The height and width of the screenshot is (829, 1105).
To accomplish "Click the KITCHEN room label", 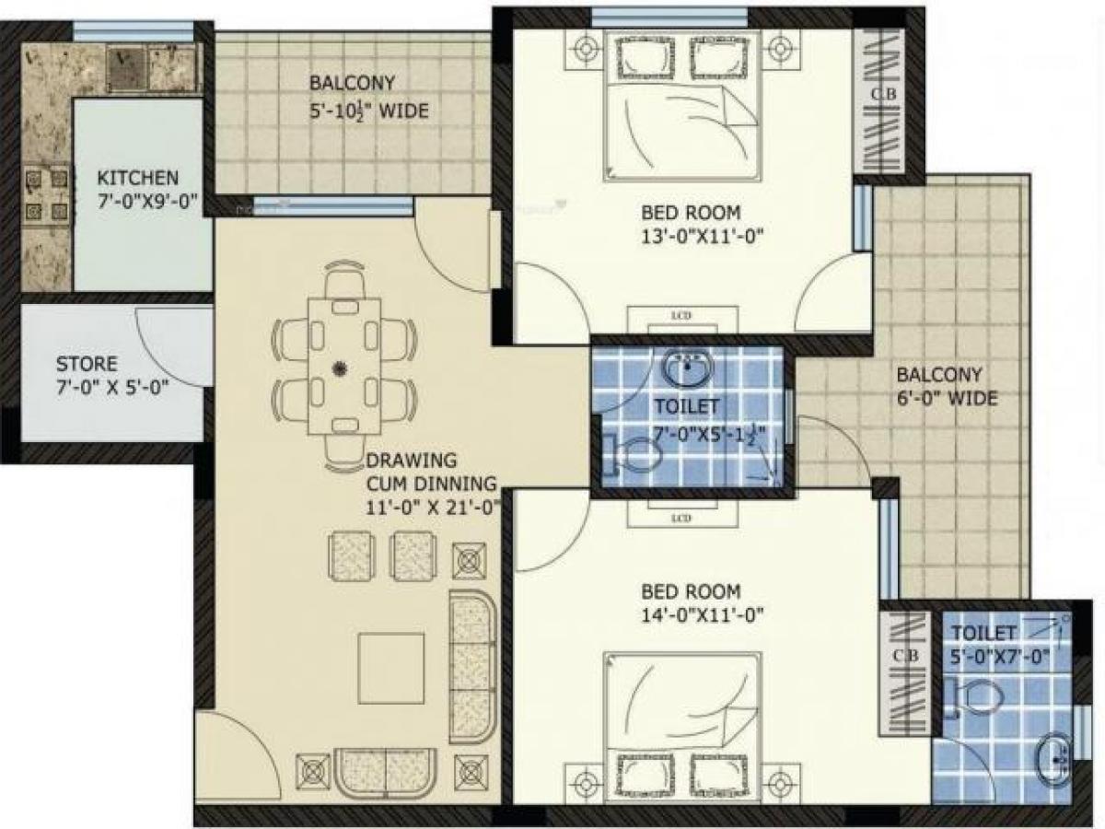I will coord(139,178).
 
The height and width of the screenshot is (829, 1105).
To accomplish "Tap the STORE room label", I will coord(87,363).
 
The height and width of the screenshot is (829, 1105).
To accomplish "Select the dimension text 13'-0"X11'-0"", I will coord(705,236).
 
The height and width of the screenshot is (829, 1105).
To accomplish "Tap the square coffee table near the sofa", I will coord(391,668).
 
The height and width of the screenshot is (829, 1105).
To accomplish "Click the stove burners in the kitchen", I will coord(45,194).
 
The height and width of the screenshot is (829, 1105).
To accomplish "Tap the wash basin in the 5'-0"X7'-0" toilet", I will coord(1053,755).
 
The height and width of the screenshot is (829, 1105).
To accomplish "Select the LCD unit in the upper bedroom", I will coord(681,319).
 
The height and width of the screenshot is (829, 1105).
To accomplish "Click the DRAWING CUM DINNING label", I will coord(432,482).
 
